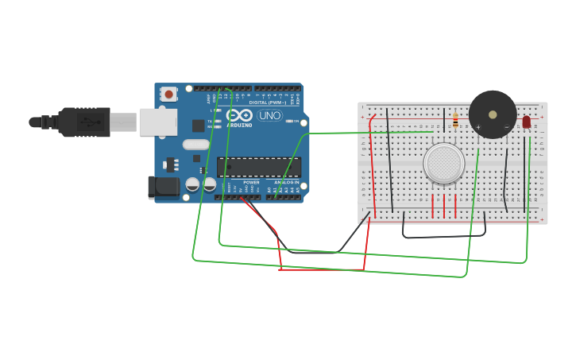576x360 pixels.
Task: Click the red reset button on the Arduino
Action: tap(168, 94)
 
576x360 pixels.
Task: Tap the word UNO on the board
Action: tap(270, 115)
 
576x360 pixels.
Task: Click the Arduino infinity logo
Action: tap(239, 115)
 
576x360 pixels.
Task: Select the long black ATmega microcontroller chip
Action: tap(259, 167)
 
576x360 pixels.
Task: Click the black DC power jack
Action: tap(164, 187)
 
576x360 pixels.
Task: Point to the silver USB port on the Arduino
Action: tap(158, 122)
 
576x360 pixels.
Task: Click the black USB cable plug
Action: tap(84, 122)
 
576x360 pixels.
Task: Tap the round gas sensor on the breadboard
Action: tap(443, 163)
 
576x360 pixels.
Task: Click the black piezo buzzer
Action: tap(493, 114)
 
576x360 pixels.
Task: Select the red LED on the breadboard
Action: tap(526, 122)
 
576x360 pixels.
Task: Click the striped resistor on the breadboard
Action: tap(455, 120)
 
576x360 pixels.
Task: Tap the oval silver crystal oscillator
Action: tap(195, 145)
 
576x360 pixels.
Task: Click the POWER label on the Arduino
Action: tap(251, 182)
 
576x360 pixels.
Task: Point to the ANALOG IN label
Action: tap(287, 182)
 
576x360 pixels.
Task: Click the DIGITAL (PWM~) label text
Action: tap(264, 103)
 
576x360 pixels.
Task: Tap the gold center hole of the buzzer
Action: tap(493, 114)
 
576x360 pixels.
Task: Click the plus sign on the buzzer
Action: tap(479, 127)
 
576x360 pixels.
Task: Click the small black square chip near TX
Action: tap(198, 126)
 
